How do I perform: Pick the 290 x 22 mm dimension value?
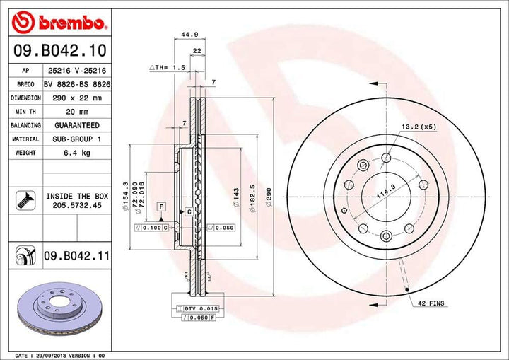click(x=74, y=98)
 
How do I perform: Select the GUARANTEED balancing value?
click(x=74, y=125)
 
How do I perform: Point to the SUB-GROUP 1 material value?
click(x=74, y=139)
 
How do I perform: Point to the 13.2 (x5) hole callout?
click(x=418, y=127)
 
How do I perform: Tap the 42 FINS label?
click(x=430, y=303)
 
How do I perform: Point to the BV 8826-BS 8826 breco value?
click(x=74, y=83)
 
